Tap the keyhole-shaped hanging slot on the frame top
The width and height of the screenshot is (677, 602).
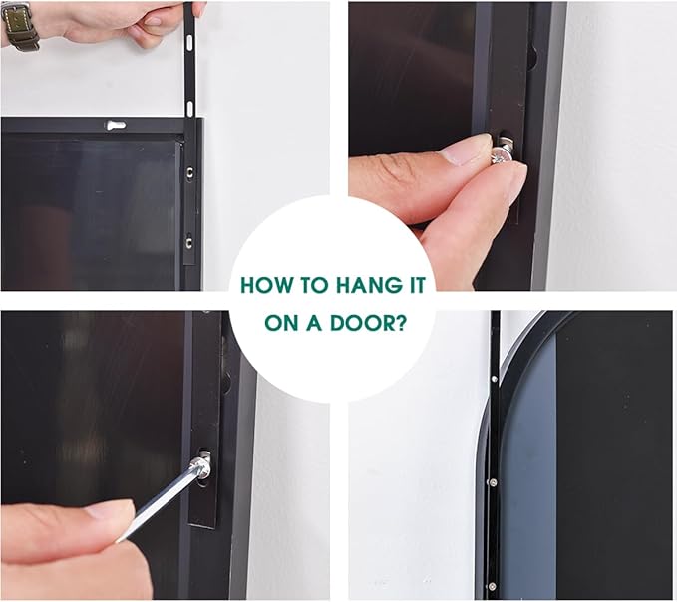click(116, 126)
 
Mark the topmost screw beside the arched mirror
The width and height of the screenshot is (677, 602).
click(494, 379)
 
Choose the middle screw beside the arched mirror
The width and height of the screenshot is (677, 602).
click(494, 482)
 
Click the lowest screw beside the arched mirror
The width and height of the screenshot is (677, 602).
click(492, 586)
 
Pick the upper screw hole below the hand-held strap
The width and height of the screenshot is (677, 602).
click(189, 173)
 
